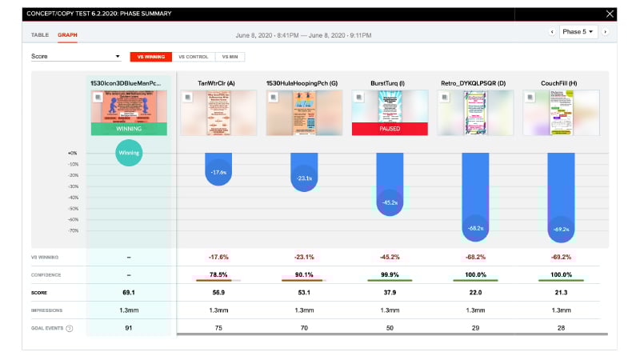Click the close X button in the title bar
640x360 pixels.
[x=610, y=14]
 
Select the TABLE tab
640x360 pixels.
[x=39, y=35]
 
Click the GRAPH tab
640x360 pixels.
[x=67, y=35]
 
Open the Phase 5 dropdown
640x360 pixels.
[x=578, y=32]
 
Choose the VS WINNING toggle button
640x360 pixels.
[x=151, y=57]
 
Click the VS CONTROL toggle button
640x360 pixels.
[x=193, y=57]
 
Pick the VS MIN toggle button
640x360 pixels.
[x=229, y=57]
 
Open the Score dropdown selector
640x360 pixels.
[x=75, y=57]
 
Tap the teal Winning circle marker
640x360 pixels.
[x=129, y=152]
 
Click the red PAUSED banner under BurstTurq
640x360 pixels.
[x=390, y=129]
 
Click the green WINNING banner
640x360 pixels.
[x=129, y=129]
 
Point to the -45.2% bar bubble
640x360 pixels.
[x=390, y=202]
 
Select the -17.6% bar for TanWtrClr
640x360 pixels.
[x=218, y=171]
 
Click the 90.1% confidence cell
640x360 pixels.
[x=304, y=274]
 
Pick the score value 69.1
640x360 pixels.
[x=129, y=292]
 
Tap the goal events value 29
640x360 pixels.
[x=475, y=327]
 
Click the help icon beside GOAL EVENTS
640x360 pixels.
[x=71, y=328]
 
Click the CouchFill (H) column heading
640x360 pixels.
[x=560, y=82]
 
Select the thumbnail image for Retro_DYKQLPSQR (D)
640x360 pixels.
[x=475, y=106]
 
